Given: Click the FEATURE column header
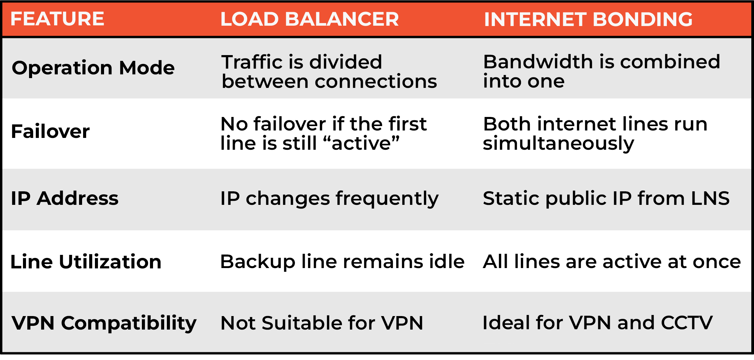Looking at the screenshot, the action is (57, 19).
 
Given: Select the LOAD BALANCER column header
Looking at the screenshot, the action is (309, 19).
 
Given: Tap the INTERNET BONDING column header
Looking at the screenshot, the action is (588, 19).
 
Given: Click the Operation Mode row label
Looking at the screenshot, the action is (93, 68).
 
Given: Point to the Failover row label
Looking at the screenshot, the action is (50, 131).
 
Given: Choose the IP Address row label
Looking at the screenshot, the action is (65, 198).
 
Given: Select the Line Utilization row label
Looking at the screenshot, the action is (86, 262).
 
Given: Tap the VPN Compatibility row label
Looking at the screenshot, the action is (104, 323).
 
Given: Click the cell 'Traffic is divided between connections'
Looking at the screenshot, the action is (329, 72).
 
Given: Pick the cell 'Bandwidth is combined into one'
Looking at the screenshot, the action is (602, 71).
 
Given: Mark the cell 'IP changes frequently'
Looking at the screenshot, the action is (329, 199).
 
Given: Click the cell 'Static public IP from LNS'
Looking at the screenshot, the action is (606, 198).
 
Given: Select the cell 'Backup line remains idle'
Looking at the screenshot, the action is (342, 262).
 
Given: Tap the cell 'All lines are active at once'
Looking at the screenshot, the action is (612, 262).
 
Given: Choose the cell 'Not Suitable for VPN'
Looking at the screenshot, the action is (322, 323).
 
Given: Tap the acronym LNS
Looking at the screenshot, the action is (710, 198).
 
